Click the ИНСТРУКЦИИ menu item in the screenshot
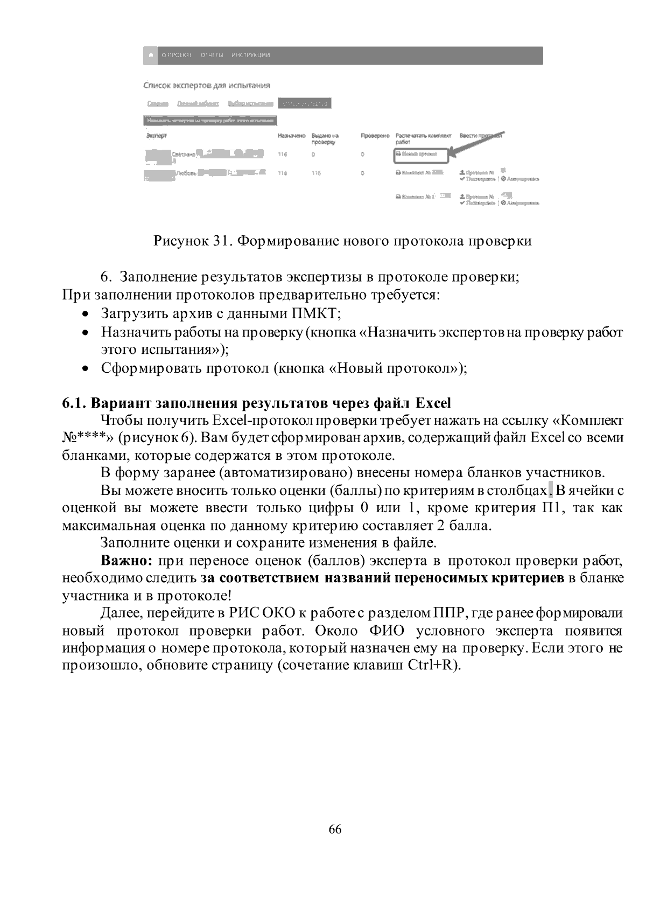pyautogui.click(x=250, y=55)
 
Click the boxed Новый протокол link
pyautogui.click(x=420, y=154)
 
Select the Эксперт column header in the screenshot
pyautogui.click(x=157, y=136)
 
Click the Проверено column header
pyautogui.click(x=375, y=136)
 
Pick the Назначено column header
pyautogui.click(x=291, y=136)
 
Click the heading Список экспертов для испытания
pyautogui.click(x=207, y=85)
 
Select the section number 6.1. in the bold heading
pyautogui.click(x=74, y=403)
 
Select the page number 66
pyautogui.click(x=335, y=829)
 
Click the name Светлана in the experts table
pyautogui.click(x=183, y=155)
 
